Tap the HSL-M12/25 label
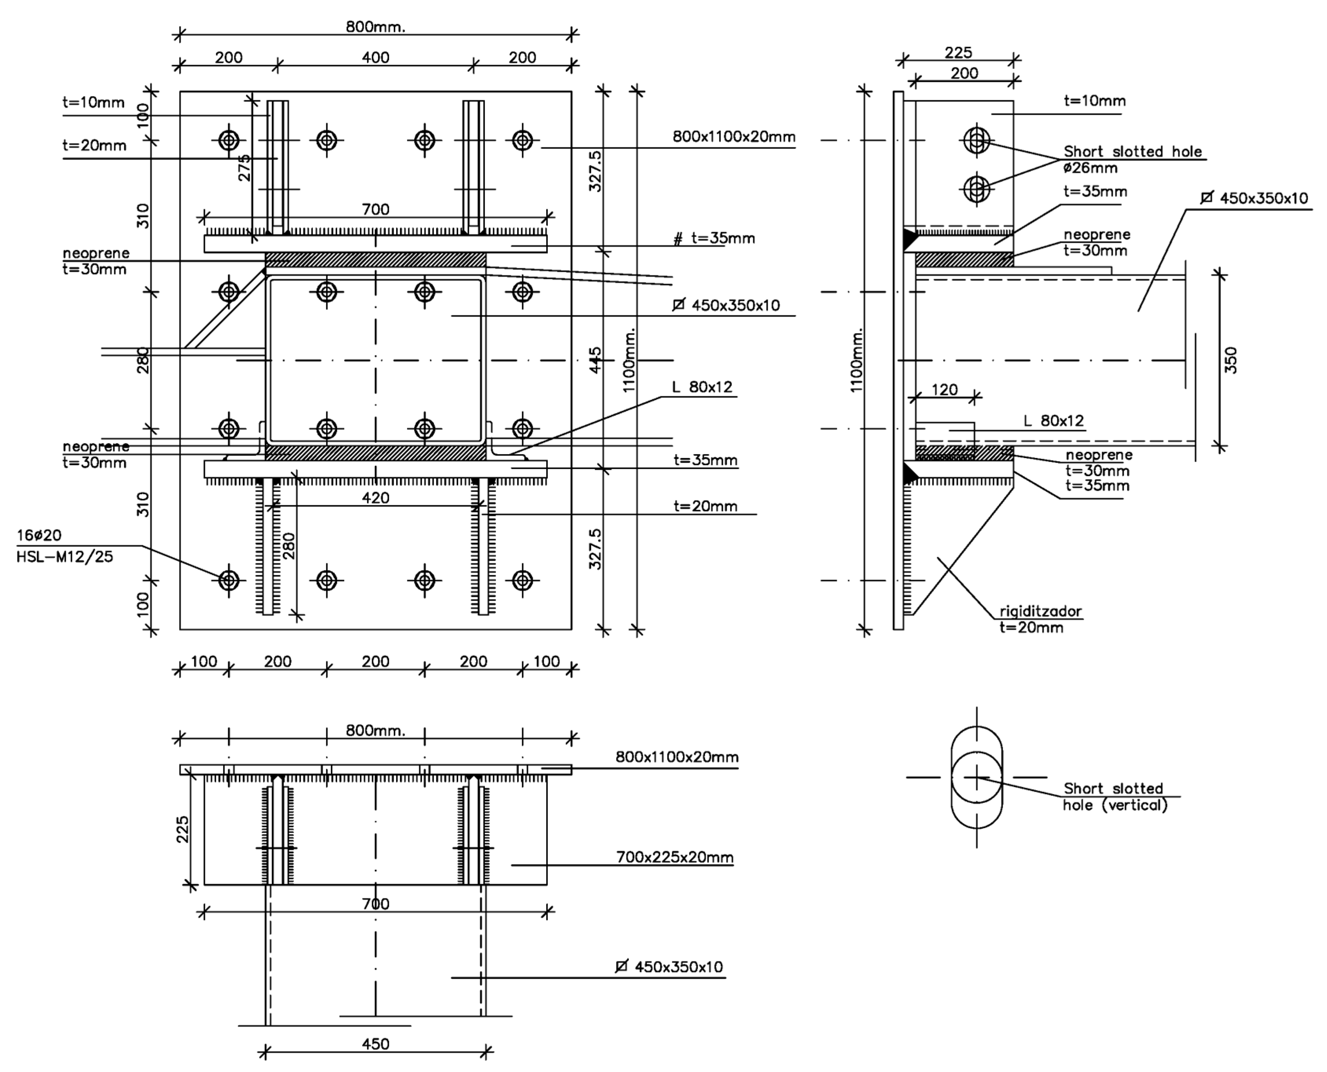[x=65, y=557]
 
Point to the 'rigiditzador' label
[x=1041, y=611]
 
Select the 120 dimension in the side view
[x=944, y=390]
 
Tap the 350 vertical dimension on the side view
[x=1230, y=361]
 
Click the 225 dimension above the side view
[x=958, y=53]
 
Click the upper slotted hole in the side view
[x=976, y=141]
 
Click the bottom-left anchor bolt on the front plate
[x=229, y=581]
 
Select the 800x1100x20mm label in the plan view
[x=677, y=757]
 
